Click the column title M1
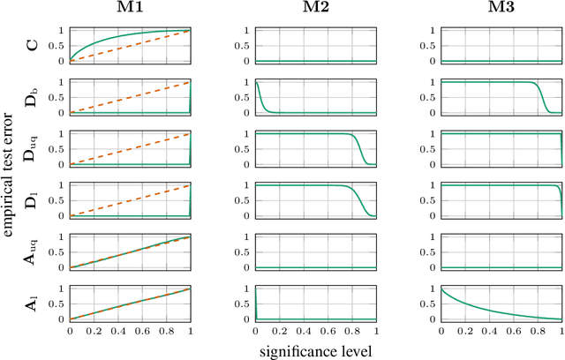(131, 10)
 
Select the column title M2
(315, 10)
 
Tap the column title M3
(500, 10)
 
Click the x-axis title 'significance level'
(315, 350)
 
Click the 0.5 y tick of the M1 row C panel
(59, 46)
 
